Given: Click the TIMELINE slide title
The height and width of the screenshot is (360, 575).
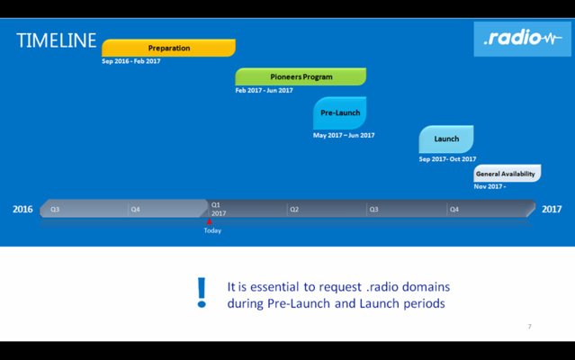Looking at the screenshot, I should (56, 40).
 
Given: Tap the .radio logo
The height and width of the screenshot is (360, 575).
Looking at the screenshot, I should (522, 39).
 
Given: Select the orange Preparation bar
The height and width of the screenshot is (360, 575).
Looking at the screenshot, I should (168, 48).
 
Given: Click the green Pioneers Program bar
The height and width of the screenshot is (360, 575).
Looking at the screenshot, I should (301, 76).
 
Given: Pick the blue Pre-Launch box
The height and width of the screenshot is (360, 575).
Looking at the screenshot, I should (340, 112).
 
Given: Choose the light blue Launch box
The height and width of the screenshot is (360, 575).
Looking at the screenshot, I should (446, 139).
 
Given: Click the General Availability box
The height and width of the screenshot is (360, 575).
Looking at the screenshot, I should (506, 174).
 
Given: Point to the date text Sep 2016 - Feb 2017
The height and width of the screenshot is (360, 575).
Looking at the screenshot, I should (131, 61).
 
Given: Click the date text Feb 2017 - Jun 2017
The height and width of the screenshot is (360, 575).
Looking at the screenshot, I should (265, 90).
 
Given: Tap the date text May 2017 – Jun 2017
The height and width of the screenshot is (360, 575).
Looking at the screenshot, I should (344, 135).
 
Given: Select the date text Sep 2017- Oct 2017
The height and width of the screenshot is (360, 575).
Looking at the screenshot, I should (447, 159).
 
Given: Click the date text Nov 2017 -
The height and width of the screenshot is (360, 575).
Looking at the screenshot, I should (490, 186).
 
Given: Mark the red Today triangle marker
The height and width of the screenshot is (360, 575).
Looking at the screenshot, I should (209, 221).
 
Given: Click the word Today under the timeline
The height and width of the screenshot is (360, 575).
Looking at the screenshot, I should (212, 230).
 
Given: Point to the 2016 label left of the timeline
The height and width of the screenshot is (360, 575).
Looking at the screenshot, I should (22, 210).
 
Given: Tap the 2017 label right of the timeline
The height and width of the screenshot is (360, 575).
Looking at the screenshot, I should (552, 210).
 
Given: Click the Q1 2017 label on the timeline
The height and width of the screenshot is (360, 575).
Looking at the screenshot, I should (218, 209).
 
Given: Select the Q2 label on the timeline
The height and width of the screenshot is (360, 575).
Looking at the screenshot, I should (294, 210).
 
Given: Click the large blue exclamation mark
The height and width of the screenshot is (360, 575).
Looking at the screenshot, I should (202, 293).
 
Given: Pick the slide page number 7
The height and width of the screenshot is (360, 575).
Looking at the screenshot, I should (529, 327).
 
